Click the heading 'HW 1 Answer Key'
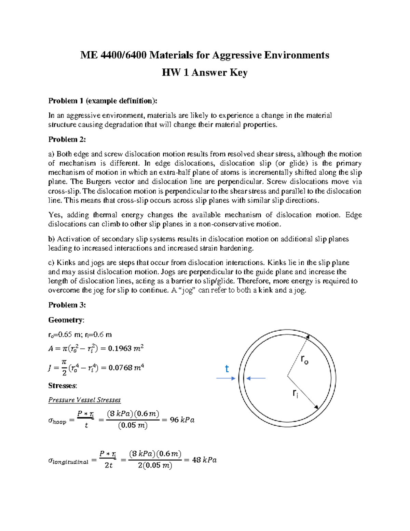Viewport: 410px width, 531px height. (x=204, y=72)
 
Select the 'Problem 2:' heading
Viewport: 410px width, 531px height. (x=67, y=140)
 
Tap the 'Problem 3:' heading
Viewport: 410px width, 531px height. (x=67, y=305)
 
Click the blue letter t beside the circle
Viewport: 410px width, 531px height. (x=227, y=369)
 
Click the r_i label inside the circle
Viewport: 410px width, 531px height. (x=295, y=394)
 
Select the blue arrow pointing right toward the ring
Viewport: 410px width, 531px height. (x=226, y=378)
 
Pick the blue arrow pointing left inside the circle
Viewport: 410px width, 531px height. (x=256, y=378)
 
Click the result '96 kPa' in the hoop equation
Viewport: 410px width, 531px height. (x=182, y=420)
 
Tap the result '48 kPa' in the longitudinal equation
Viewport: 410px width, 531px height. (x=204, y=460)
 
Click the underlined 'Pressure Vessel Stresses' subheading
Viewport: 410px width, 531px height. (x=84, y=400)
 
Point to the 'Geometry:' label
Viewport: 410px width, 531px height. (x=66, y=320)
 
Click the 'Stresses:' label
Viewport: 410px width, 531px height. (x=63, y=386)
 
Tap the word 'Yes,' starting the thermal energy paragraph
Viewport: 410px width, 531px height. (x=55, y=215)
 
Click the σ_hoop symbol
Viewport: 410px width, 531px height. (x=57, y=421)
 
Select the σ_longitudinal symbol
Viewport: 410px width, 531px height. (x=68, y=461)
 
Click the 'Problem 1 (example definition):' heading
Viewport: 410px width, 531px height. (x=103, y=101)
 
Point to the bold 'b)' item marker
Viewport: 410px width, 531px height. (x=52, y=239)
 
